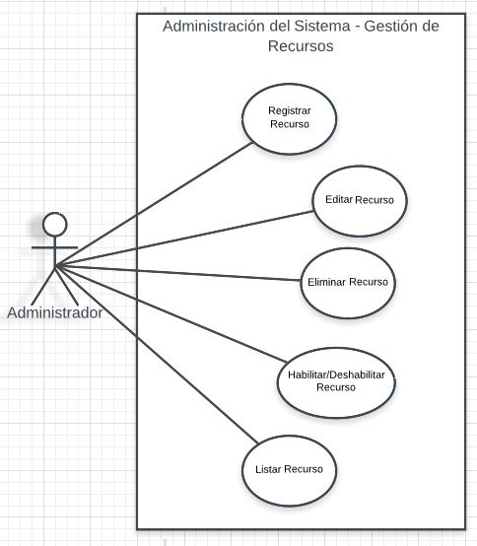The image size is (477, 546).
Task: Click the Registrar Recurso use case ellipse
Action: point(290,119)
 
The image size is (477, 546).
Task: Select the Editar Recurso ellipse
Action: point(360,201)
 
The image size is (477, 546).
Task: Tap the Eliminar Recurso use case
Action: point(348,283)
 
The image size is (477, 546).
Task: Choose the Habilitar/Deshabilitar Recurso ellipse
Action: point(336,382)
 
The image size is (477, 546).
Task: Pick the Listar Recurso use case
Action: point(290,470)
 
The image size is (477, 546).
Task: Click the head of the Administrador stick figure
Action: point(55,225)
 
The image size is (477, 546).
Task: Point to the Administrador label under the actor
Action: point(55,312)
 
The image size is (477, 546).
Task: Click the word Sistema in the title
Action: point(322,26)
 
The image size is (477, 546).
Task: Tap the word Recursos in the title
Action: point(301,46)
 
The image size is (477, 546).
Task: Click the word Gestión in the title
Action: point(392,26)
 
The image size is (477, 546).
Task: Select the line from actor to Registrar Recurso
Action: point(154,205)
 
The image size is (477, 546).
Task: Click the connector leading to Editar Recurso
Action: point(184,239)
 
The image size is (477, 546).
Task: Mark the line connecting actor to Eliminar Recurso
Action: point(178,273)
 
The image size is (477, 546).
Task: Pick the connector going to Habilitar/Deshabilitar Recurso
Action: point(171,314)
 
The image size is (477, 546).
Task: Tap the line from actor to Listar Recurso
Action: point(157,355)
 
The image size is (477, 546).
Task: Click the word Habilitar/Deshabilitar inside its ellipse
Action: point(336,375)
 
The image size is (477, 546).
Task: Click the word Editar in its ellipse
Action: point(339,199)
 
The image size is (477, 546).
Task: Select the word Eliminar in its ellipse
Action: point(326,282)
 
